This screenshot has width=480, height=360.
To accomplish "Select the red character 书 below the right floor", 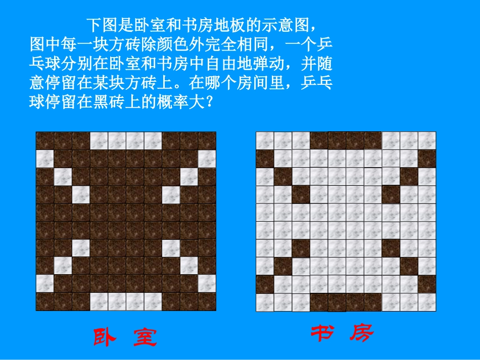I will tap(321, 333).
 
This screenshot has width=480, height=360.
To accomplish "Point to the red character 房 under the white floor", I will tap(361, 333).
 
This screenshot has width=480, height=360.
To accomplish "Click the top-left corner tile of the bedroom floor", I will tap(44, 141).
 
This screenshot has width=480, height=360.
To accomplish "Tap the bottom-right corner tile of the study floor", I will tap(427, 302).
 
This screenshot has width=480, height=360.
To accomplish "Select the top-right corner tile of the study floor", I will tap(427, 141).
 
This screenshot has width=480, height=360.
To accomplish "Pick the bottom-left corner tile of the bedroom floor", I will tap(44, 302).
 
